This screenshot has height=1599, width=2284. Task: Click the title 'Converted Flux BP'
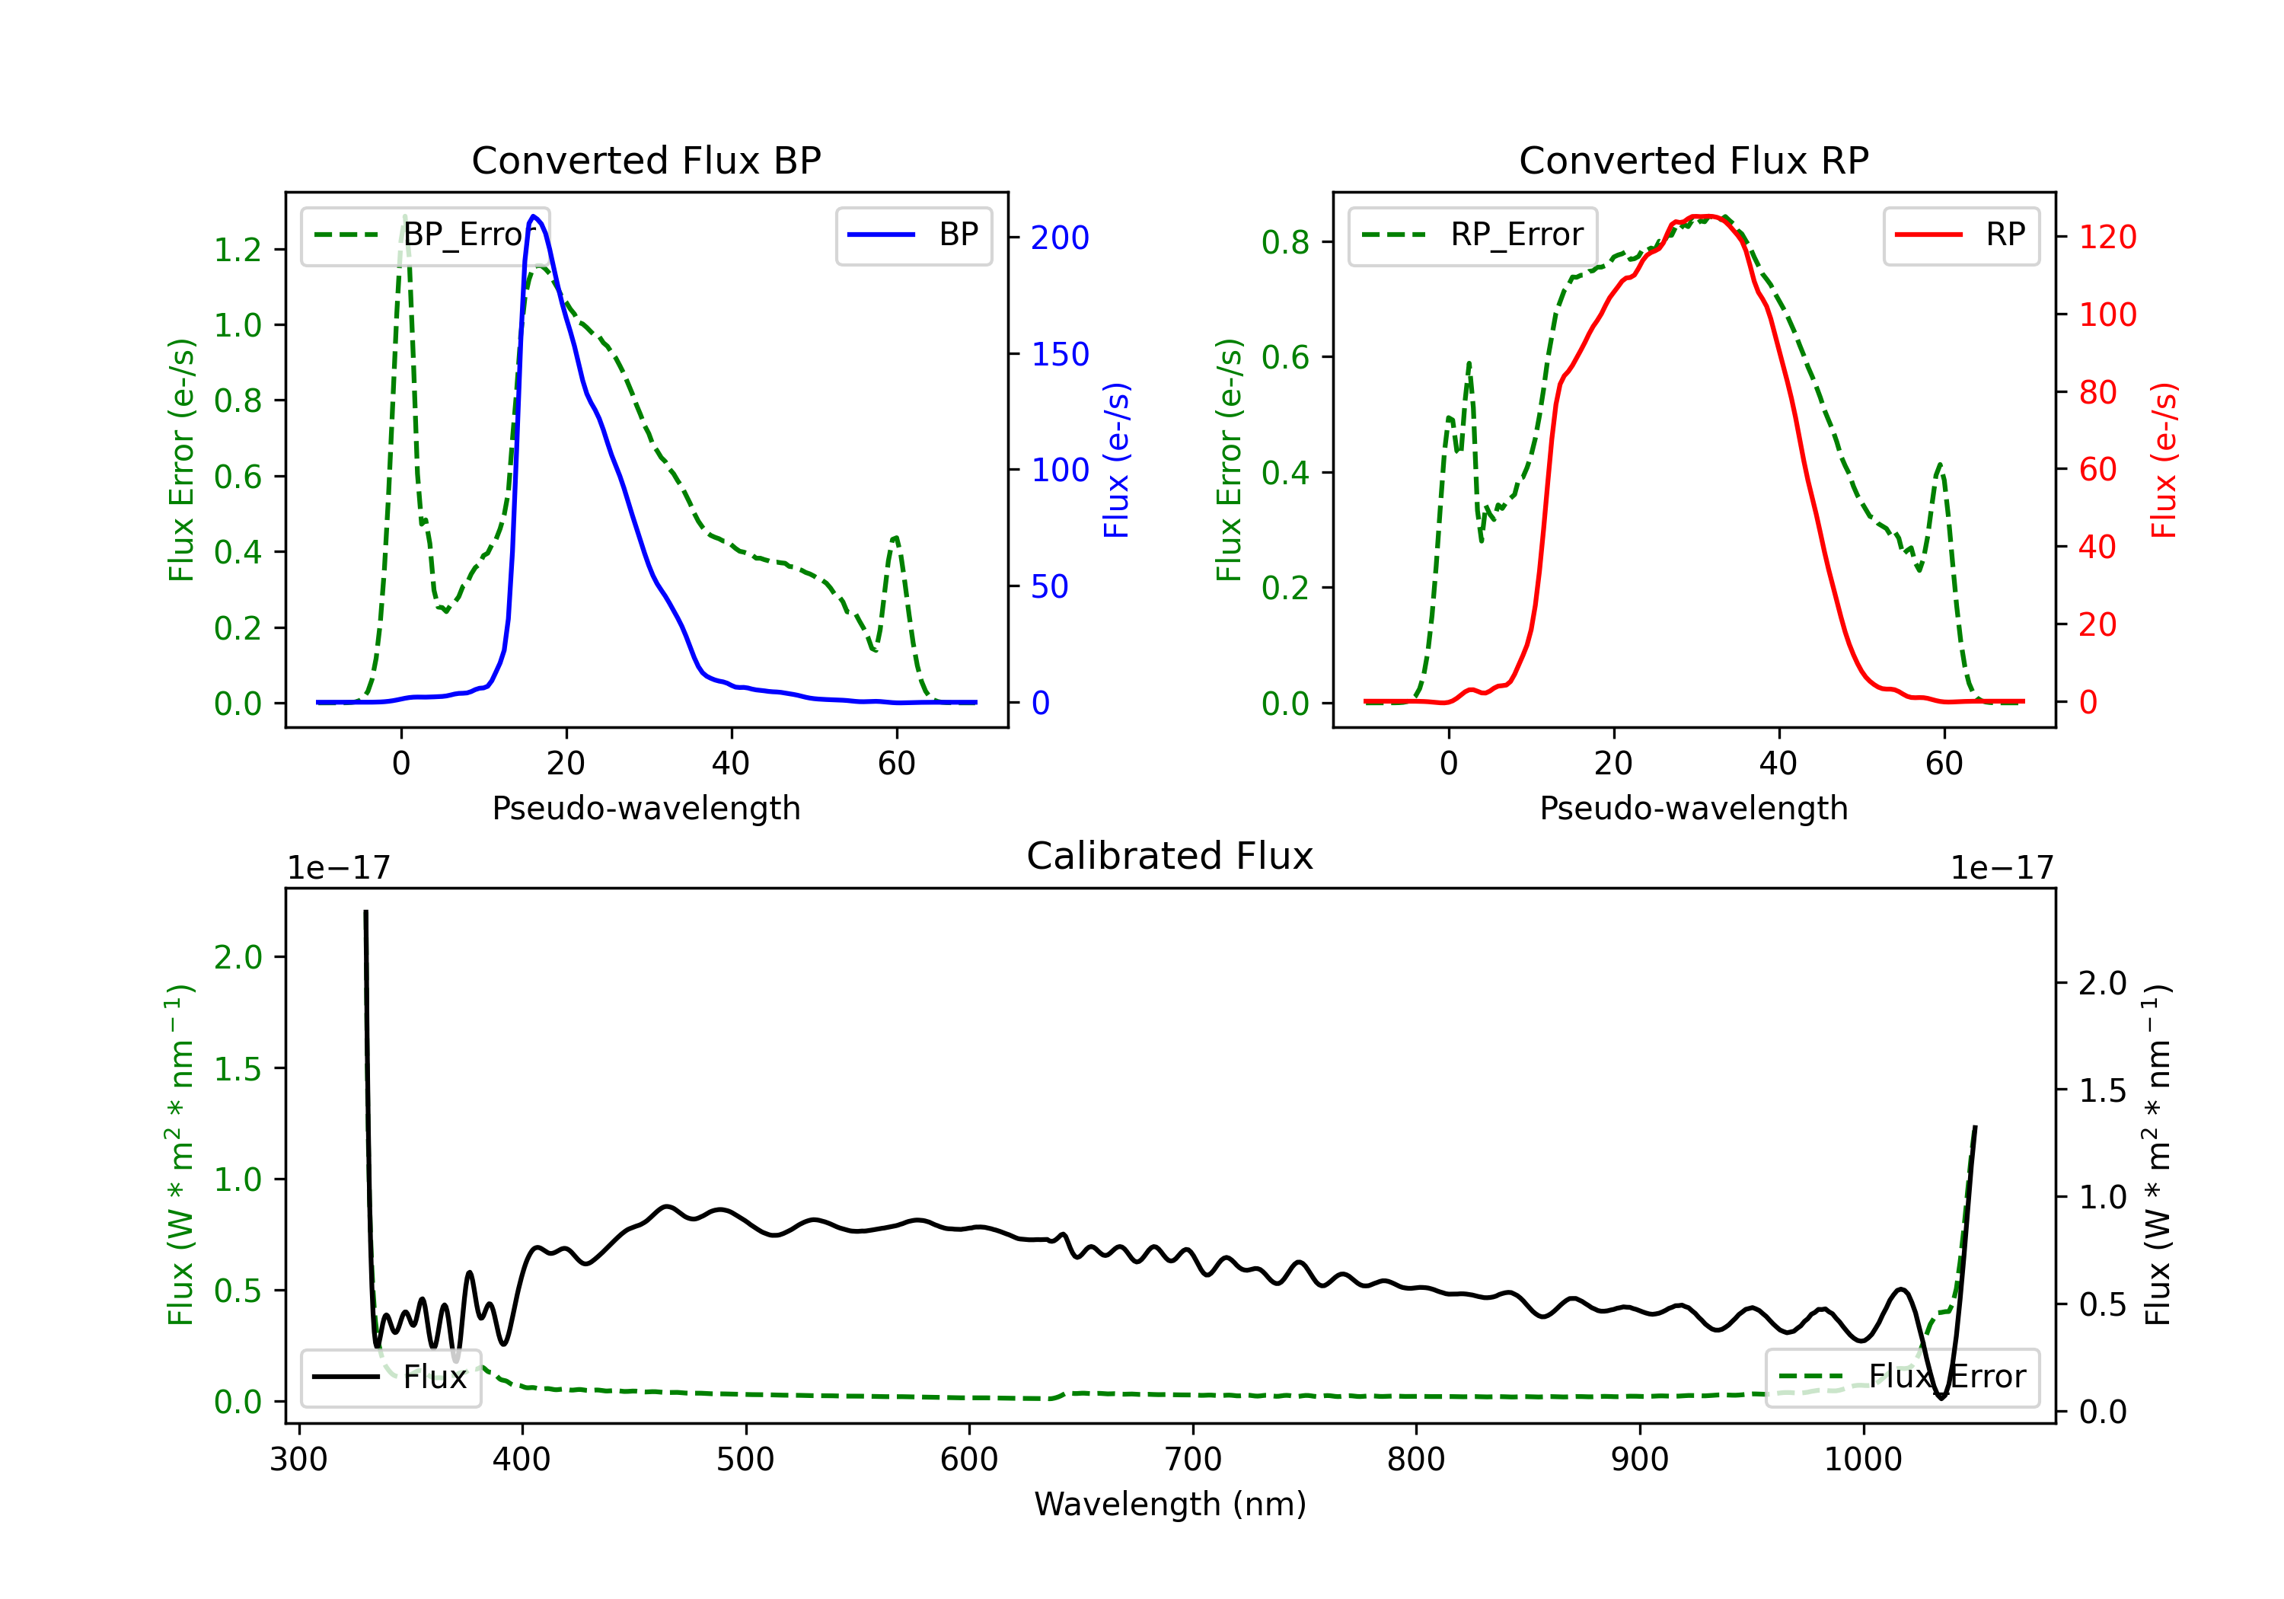[x=646, y=160]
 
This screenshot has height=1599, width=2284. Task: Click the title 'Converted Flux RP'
[x=1693, y=160]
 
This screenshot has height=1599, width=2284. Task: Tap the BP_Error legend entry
[x=425, y=235]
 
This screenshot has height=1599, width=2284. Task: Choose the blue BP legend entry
[x=913, y=235]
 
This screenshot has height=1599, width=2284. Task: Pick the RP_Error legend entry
[x=1472, y=235]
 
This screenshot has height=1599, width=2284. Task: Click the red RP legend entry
[x=1960, y=235]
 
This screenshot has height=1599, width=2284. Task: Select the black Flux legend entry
[x=390, y=1377]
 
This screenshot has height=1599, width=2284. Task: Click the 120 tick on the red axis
[x=2107, y=237]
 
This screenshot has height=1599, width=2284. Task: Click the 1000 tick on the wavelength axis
[x=1862, y=1459]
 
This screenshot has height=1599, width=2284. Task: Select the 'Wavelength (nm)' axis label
[x=1170, y=1504]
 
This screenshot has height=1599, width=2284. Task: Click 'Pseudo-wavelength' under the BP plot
[x=646, y=808]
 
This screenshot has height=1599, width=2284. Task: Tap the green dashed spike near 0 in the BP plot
[x=404, y=217]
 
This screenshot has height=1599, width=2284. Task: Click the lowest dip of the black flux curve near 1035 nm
[x=1941, y=1398]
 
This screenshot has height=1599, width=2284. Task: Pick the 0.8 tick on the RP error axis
[x=1285, y=242]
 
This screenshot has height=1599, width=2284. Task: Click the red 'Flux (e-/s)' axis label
[x=2164, y=461]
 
